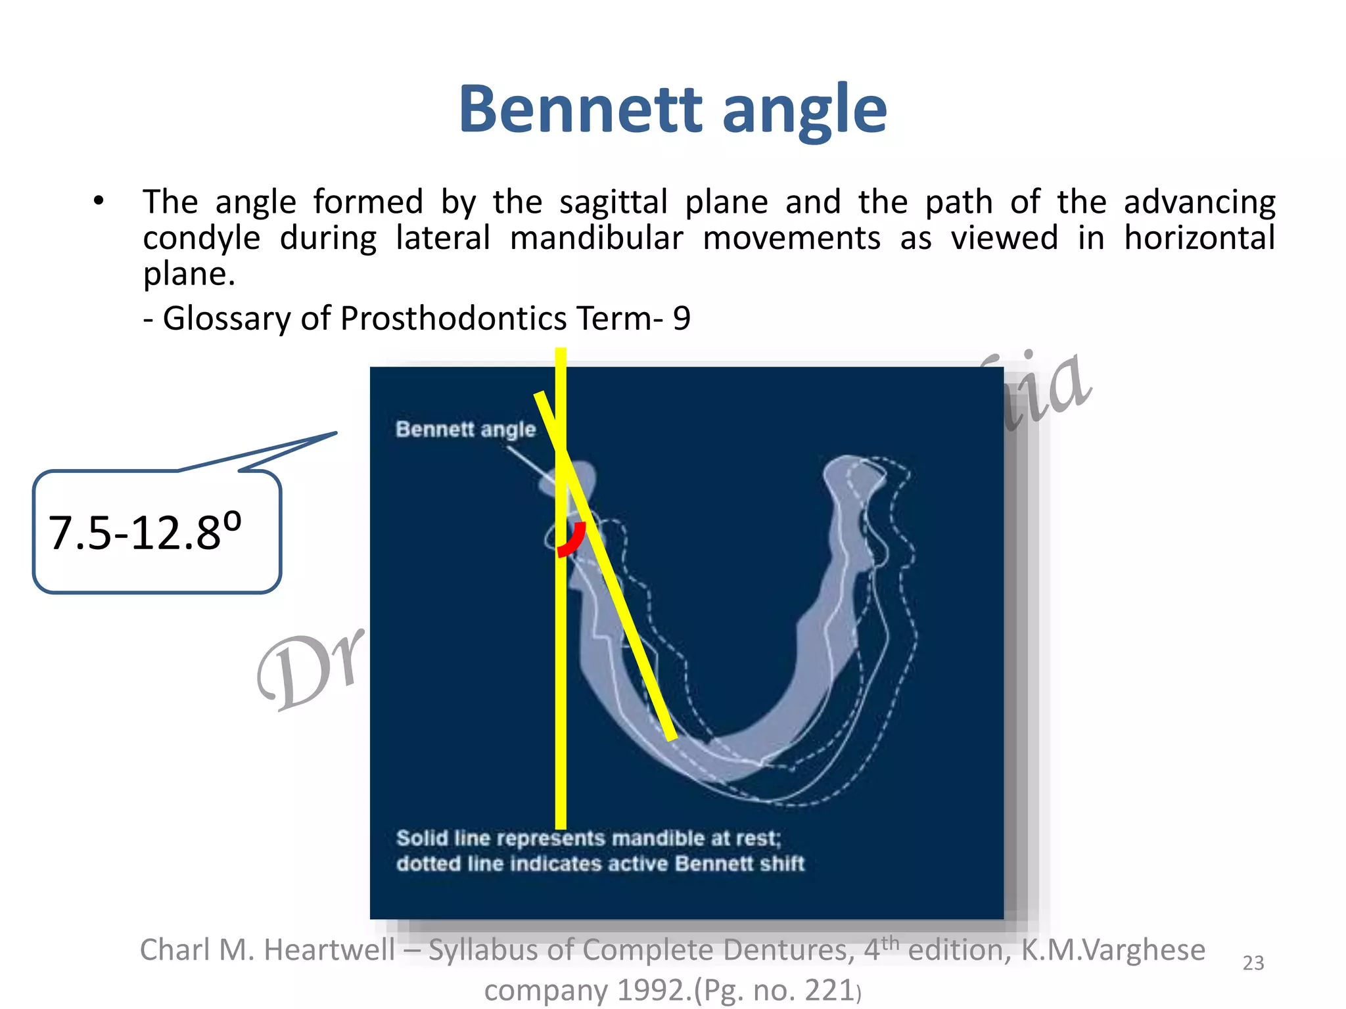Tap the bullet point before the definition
pos(99,201)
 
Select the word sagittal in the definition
pos(613,202)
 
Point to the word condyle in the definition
pos(201,238)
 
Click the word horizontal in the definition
pos(1199,238)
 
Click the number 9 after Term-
pos(682,319)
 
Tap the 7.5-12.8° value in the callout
pos(145,531)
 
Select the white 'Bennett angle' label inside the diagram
pos(465,429)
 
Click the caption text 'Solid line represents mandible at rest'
pos(588,839)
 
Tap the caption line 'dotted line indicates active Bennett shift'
pos(599,863)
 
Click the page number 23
pos(1253,963)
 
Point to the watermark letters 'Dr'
pos(309,670)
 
